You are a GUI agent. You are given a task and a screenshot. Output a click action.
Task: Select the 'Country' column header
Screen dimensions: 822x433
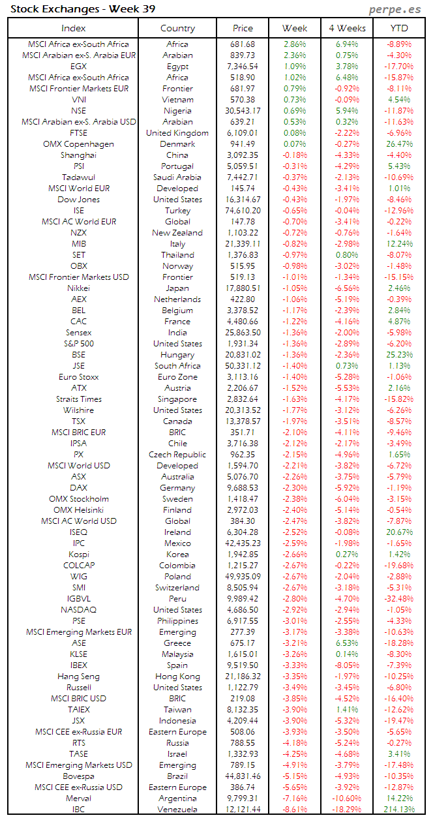tap(177, 28)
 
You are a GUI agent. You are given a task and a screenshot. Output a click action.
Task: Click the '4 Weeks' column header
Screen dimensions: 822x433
tap(347, 28)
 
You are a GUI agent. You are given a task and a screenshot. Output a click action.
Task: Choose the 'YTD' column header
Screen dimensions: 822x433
tap(399, 28)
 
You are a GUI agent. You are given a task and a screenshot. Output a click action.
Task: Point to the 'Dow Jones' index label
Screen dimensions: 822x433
tap(79, 200)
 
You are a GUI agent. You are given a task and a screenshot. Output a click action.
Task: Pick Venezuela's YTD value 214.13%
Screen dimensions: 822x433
tap(399, 810)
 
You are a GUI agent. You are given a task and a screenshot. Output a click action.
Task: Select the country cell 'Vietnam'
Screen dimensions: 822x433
tap(177, 100)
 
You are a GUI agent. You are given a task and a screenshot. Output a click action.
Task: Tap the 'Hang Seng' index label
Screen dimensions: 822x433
tap(79, 677)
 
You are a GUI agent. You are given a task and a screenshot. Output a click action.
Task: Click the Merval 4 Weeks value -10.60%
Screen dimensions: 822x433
tap(347, 799)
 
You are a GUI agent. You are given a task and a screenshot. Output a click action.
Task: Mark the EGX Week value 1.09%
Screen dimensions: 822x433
tap(295, 67)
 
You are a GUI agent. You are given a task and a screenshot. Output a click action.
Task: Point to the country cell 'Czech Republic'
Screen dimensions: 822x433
tap(177, 455)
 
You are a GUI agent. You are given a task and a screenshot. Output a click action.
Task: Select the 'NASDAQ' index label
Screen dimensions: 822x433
tap(79, 610)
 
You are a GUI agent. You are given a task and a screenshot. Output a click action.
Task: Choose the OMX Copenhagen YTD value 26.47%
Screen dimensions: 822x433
tap(399, 144)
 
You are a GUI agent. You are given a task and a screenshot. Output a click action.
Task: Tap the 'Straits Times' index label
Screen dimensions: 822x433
tap(79, 399)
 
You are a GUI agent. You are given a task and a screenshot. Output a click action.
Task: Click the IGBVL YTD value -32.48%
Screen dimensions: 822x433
tap(399, 599)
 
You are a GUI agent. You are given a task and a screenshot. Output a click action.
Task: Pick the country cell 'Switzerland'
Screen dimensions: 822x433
tap(177, 588)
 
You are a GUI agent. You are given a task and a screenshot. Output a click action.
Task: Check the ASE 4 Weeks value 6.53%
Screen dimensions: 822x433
tap(347, 643)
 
